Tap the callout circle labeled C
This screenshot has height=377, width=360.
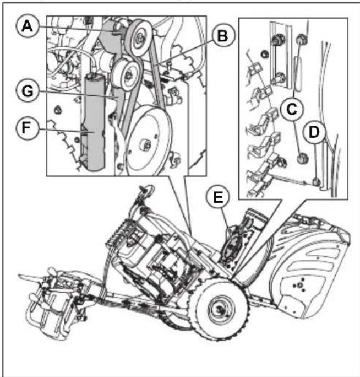[291, 109]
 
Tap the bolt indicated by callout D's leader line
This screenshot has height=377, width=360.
[315, 181]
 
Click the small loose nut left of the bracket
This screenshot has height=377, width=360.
[263, 55]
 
